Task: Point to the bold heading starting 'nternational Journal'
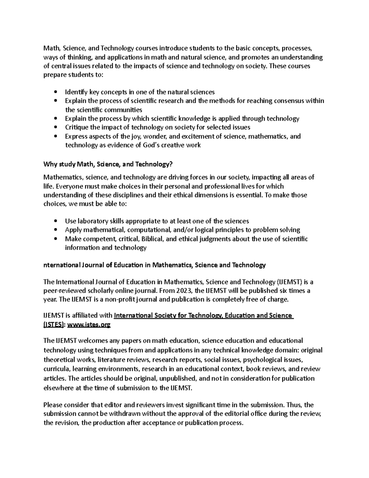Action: click(x=154, y=265)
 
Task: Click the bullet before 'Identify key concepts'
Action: click(x=55, y=92)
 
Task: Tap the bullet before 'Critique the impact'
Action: click(x=55, y=127)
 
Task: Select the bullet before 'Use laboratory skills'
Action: click(x=55, y=221)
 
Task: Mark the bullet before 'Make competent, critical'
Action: click(x=55, y=239)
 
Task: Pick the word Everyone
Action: click(x=70, y=186)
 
